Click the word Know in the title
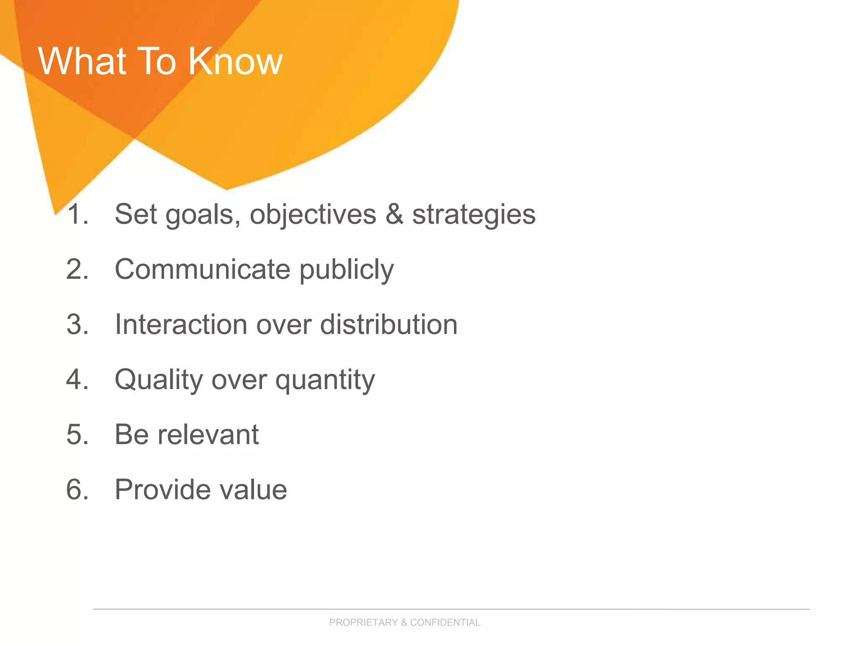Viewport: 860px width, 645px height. [235, 61]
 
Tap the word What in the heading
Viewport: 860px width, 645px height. [82, 61]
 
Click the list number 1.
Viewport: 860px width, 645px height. [77, 214]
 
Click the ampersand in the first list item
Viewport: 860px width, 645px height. [394, 214]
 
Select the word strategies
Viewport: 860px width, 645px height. [474, 215]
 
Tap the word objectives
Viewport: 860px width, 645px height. [313, 215]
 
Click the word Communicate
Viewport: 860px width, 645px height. [202, 269]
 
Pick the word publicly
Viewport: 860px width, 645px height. [346, 270]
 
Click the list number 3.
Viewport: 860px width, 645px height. [77, 325]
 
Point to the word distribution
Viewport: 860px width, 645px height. [389, 325]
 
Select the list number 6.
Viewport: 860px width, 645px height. [77, 490]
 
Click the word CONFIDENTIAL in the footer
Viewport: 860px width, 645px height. [445, 622]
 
